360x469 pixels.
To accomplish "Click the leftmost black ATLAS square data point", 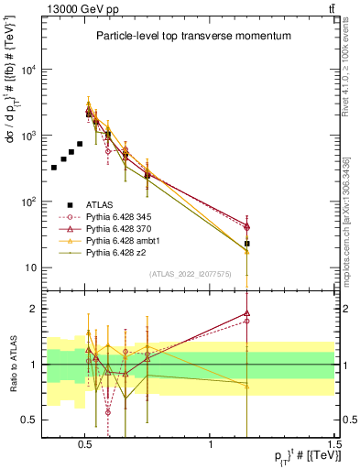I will click(x=54, y=168).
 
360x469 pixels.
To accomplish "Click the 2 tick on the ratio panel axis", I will click(x=34, y=309).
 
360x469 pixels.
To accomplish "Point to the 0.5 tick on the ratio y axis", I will click(x=30, y=420).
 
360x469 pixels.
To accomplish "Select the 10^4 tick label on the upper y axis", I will click(x=27, y=70).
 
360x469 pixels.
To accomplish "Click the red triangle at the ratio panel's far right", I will click(x=247, y=313).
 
